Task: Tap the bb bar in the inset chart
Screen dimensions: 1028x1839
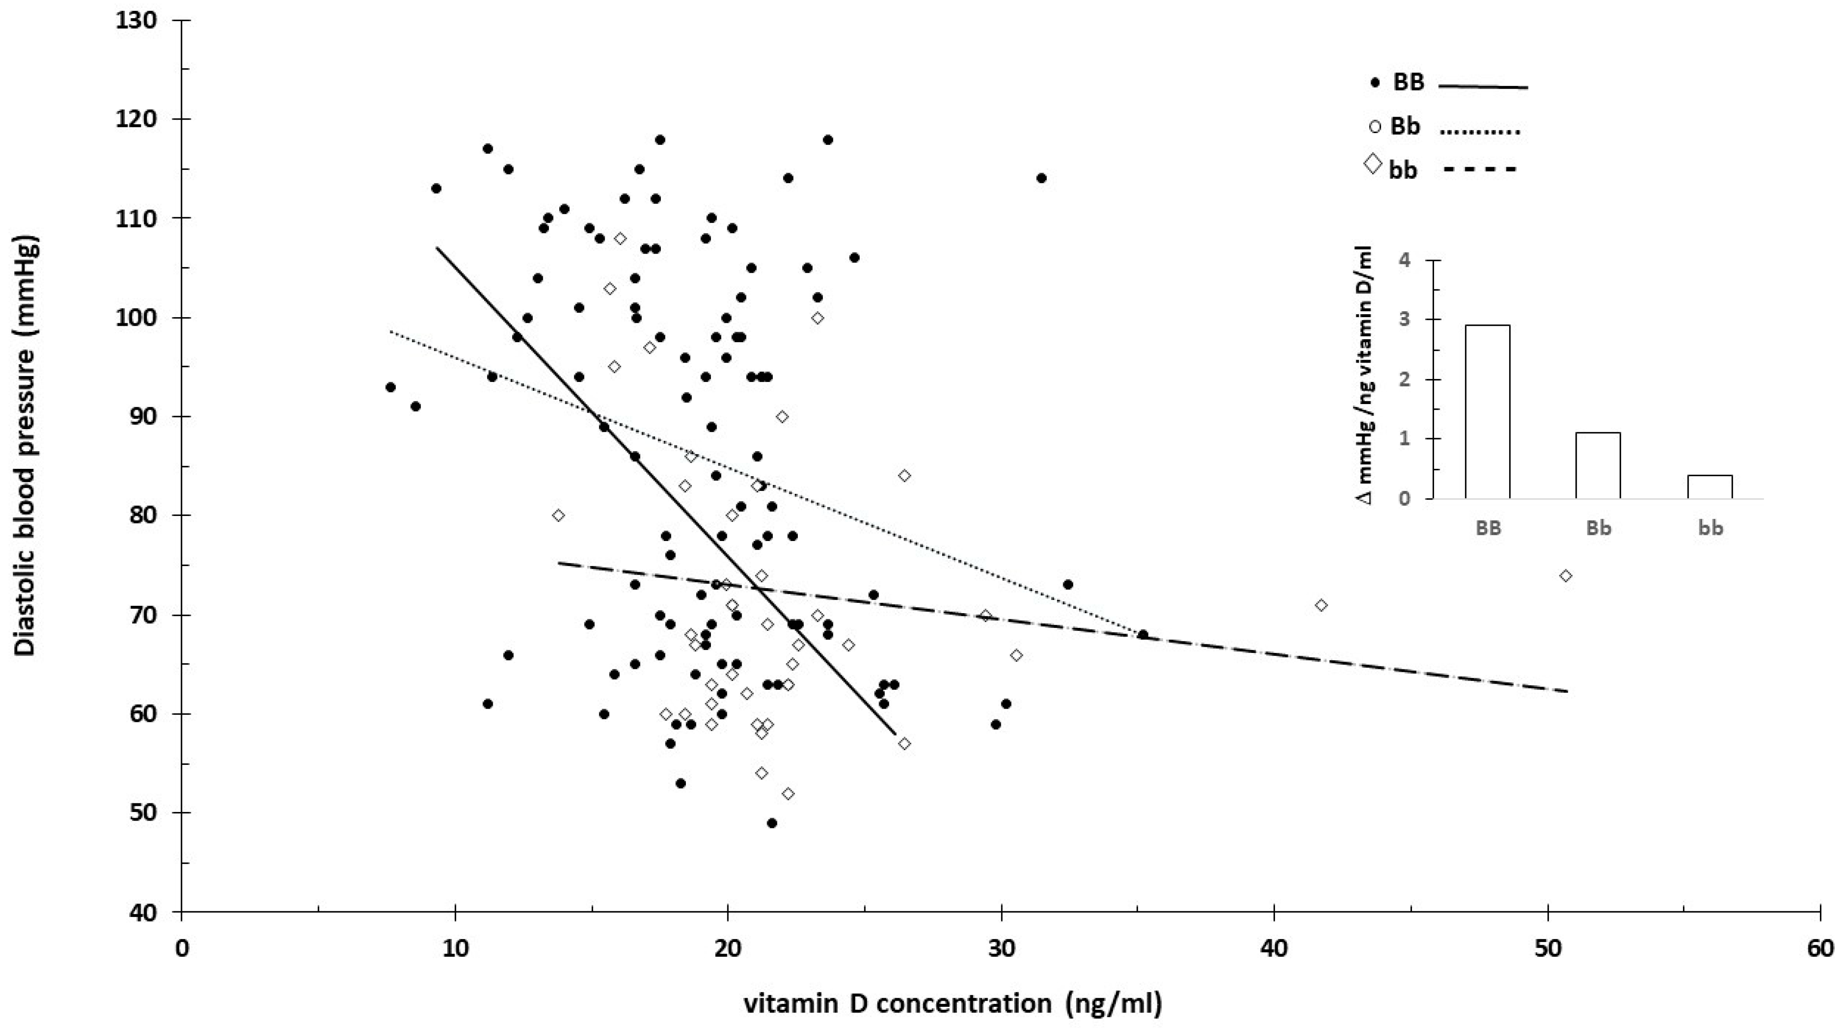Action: (1710, 487)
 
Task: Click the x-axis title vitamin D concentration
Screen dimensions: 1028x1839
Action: (953, 1003)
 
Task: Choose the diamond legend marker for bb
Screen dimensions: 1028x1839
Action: (1372, 164)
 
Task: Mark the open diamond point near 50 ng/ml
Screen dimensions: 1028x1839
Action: (1565, 576)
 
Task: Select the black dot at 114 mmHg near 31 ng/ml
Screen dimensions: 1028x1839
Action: (1041, 178)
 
